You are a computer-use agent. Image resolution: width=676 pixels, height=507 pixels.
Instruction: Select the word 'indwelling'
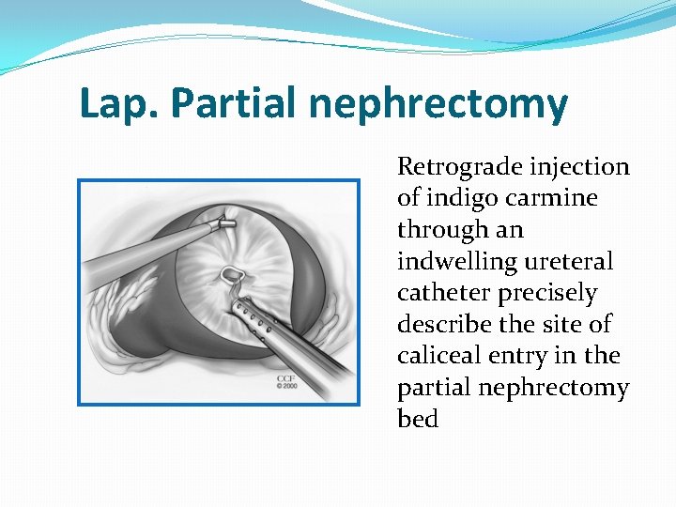click(454, 262)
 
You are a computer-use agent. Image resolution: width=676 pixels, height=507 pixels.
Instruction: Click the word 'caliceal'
click(439, 357)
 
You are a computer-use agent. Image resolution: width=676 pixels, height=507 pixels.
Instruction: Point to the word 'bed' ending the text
click(418, 420)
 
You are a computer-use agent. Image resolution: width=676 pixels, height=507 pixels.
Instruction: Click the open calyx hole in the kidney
click(230, 275)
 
